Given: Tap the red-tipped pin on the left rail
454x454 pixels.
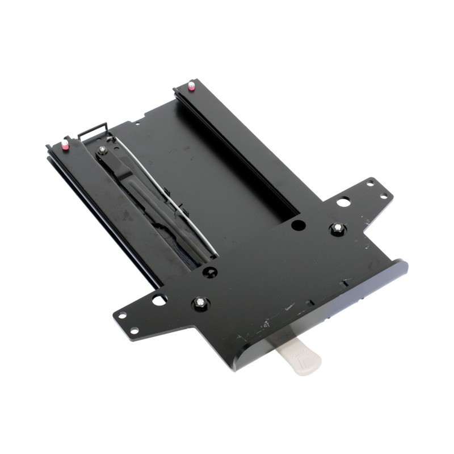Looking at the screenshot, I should (x=66, y=145).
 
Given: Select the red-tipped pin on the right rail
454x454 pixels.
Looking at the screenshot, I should (x=192, y=86).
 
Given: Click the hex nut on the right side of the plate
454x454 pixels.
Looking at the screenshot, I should (x=338, y=228).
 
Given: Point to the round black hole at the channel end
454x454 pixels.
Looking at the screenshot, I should (x=298, y=225).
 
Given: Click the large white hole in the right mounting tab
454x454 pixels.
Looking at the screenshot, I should (x=342, y=201).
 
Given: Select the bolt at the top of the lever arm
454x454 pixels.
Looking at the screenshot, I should (x=103, y=150).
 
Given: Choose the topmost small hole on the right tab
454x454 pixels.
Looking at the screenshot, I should (x=371, y=183).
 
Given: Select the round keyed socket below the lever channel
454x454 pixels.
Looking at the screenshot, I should (x=211, y=272).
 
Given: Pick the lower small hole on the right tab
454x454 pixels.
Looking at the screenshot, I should (x=384, y=197).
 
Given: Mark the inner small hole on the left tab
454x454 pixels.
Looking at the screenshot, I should (x=134, y=330).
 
